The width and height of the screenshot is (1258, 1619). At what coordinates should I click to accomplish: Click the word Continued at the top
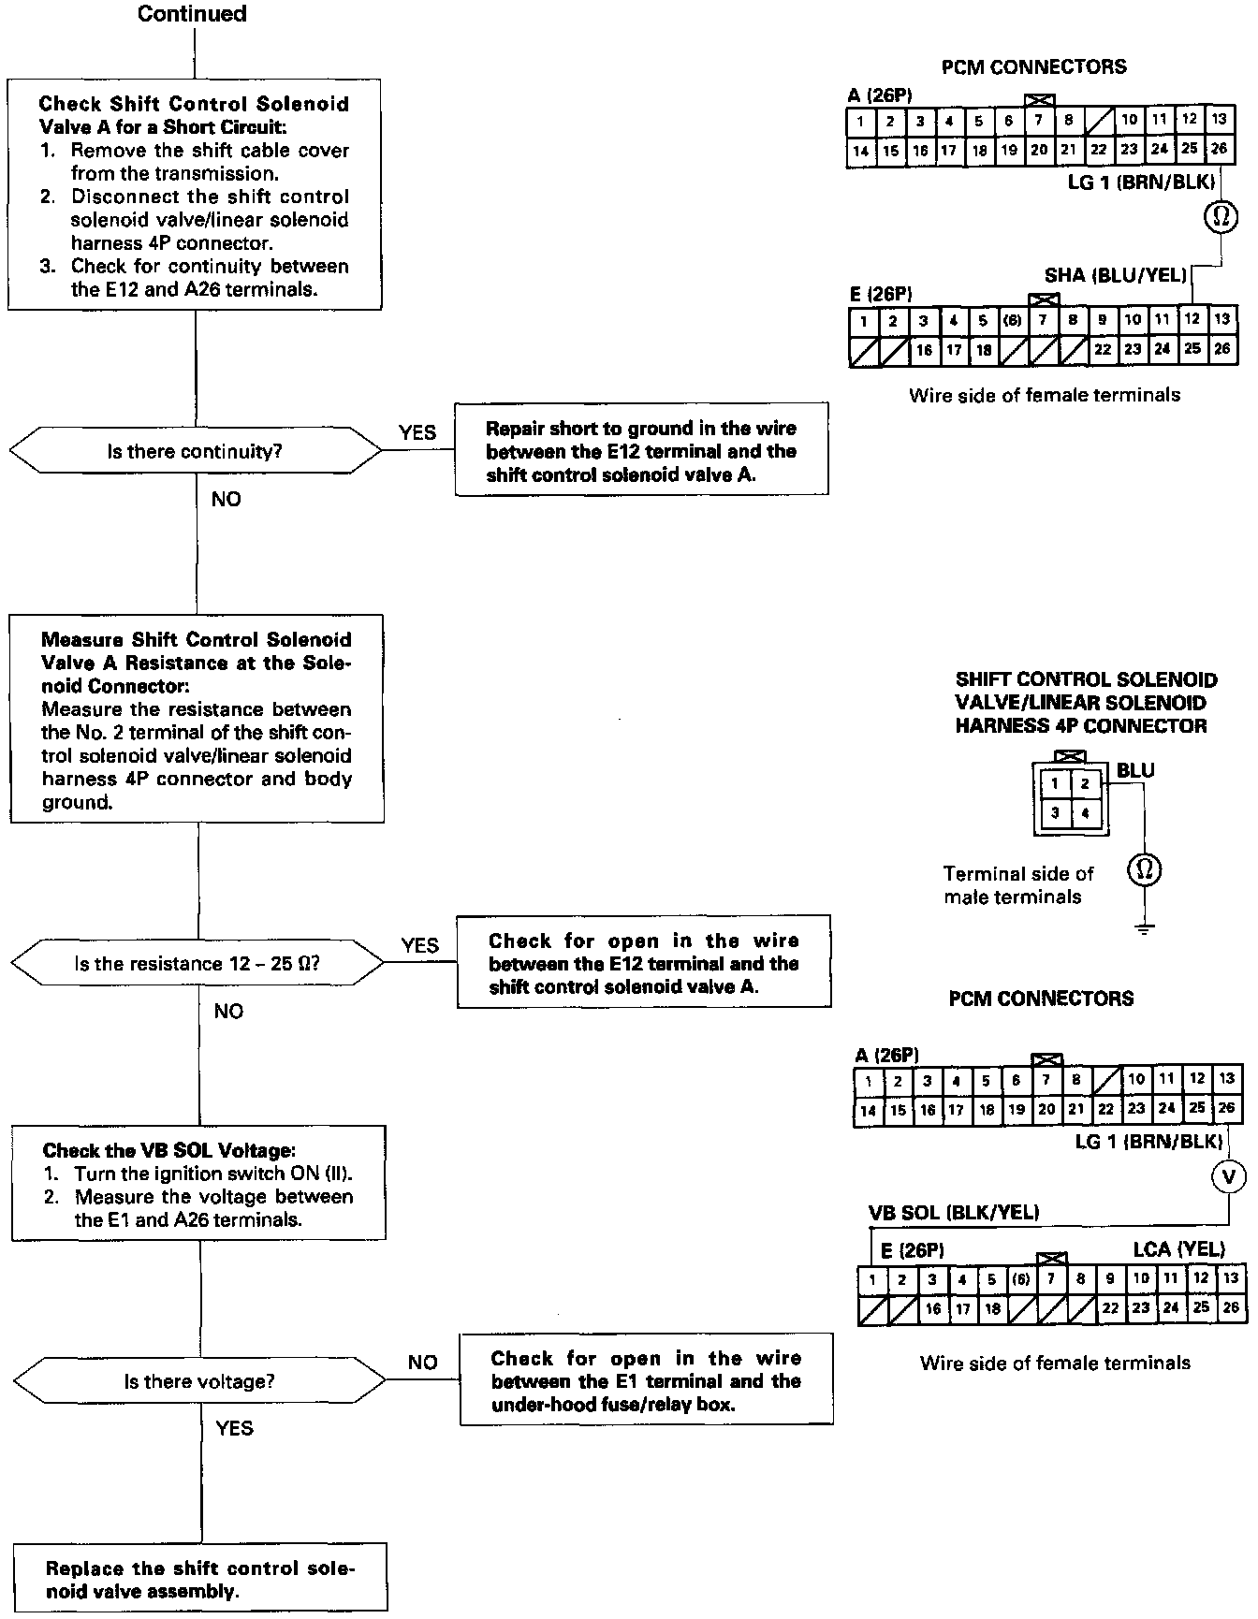tap(192, 14)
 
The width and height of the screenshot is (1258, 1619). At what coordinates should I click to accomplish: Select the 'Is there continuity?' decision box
tap(195, 451)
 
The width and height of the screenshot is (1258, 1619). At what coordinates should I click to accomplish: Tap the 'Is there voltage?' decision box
tap(199, 1381)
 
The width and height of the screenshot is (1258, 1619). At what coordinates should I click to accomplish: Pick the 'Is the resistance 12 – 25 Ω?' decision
tap(197, 963)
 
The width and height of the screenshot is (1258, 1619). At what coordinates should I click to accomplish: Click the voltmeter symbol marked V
tap(1229, 1175)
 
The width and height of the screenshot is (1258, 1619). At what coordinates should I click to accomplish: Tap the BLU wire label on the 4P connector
tap(1135, 770)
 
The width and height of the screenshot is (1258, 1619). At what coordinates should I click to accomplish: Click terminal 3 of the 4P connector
tap(1055, 812)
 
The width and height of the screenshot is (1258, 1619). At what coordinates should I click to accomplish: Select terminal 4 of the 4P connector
tap(1085, 812)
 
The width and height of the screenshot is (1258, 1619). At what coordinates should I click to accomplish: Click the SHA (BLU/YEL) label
tap(1115, 275)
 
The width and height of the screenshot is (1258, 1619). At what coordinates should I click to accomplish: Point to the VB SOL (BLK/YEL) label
tap(954, 1213)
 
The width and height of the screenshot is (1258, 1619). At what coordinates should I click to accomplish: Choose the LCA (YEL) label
tap(1178, 1248)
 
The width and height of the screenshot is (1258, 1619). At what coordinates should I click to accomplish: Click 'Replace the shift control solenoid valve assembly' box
tap(200, 1580)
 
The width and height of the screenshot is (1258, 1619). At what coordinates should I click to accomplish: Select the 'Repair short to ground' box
tap(641, 451)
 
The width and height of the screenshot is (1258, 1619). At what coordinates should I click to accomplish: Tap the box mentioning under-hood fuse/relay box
tap(646, 1380)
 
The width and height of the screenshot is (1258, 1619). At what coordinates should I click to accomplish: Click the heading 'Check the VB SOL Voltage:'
tap(168, 1150)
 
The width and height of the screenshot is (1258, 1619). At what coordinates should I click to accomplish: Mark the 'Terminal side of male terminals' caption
tap(1017, 884)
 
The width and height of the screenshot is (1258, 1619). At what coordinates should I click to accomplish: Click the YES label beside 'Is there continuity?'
tap(417, 432)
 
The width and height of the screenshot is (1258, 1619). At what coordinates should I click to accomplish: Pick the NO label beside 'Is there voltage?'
tap(422, 1363)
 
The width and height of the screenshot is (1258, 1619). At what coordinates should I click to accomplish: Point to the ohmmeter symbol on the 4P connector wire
tap(1144, 870)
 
